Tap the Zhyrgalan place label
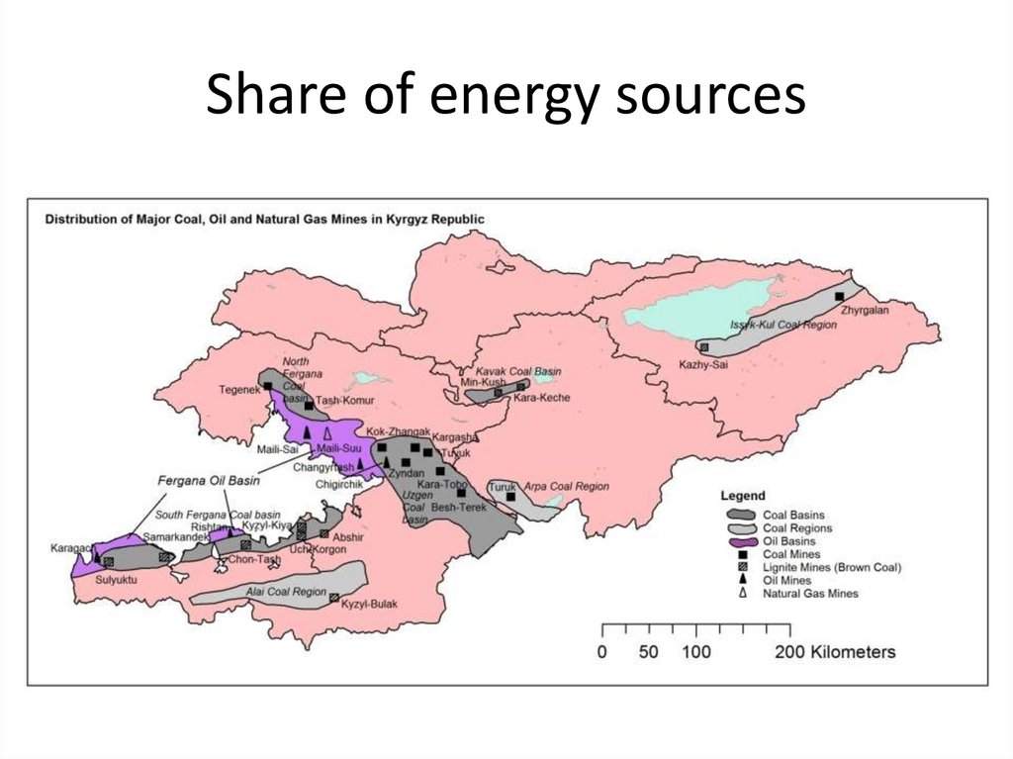[x=866, y=310]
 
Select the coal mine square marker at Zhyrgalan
[x=839, y=296]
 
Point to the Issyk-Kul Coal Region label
[x=776, y=325]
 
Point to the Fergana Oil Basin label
[x=203, y=479]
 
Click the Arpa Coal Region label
[x=565, y=487]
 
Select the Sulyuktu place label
[x=115, y=580]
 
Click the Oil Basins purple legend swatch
[x=741, y=541]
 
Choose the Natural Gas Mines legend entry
[x=809, y=593]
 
